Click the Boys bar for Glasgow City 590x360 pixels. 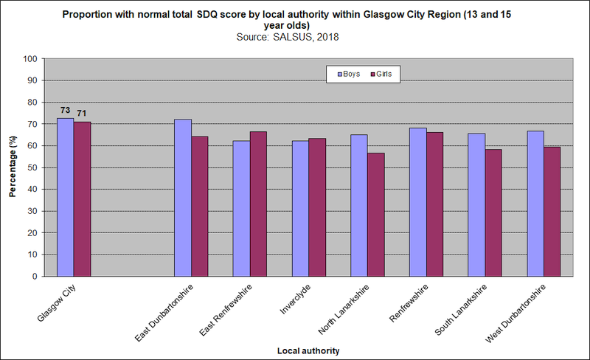65,197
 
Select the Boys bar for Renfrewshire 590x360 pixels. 417,202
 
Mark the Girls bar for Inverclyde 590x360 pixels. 316,207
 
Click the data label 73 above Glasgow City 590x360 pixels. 65,110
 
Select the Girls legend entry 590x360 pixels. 381,74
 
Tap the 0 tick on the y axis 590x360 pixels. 35,277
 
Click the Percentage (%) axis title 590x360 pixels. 13,167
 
